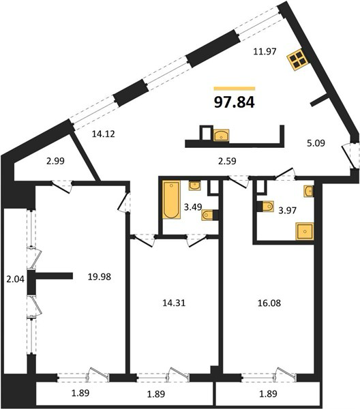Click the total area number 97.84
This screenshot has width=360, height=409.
click(x=235, y=102)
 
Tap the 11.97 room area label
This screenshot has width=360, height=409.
click(x=265, y=51)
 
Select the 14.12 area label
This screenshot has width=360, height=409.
click(x=104, y=134)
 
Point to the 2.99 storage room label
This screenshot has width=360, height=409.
click(x=55, y=161)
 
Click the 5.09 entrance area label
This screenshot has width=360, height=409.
click(x=316, y=143)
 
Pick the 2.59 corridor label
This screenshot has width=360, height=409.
click(x=227, y=161)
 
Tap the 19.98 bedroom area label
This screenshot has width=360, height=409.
click(x=100, y=277)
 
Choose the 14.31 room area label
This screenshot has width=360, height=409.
click(x=174, y=303)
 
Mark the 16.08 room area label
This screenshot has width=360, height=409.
click(x=269, y=303)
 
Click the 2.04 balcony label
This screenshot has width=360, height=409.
click(x=16, y=279)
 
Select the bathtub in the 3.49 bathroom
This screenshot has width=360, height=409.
click(x=171, y=200)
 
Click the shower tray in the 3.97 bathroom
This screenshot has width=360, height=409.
click(x=305, y=231)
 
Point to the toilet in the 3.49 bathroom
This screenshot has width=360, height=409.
click(x=207, y=215)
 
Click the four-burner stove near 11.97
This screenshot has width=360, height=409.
click(x=298, y=59)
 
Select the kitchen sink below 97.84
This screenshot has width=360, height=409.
click(x=221, y=136)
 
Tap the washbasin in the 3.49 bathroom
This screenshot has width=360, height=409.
click(x=194, y=185)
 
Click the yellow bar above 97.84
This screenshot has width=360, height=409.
click(x=235, y=89)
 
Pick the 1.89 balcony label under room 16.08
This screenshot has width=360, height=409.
click(x=268, y=393)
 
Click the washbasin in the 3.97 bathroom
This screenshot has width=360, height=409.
click(x=309, y=191)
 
